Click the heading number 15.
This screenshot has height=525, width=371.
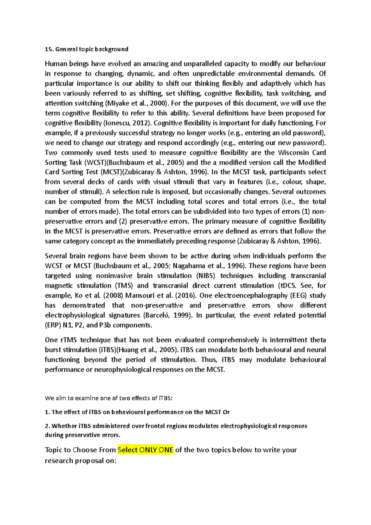click(49, 49)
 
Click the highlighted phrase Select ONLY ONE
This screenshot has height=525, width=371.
click(145, 450)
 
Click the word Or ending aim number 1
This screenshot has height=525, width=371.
click(226, 412)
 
